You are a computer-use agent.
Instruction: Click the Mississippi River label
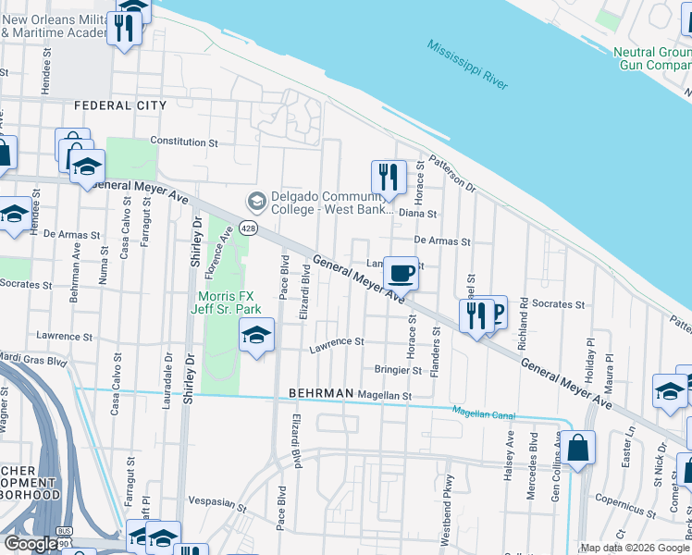point(467,65)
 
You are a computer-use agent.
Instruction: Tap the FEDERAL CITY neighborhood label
point(120,105)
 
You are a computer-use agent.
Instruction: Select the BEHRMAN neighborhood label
point(321,393)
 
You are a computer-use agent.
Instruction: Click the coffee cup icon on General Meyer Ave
point(401,274)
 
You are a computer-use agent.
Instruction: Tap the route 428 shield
point(248,228)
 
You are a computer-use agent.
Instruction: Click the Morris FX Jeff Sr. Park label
point(229,302)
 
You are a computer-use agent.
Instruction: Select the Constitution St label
point(183,143)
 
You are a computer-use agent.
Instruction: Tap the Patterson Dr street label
point(451,174)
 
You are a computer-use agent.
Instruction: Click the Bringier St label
point(398,370)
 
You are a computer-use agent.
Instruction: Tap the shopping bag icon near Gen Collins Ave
point(578,450)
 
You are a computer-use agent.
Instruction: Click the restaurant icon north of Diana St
point(389,178)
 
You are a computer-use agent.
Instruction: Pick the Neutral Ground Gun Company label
point(652,58)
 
